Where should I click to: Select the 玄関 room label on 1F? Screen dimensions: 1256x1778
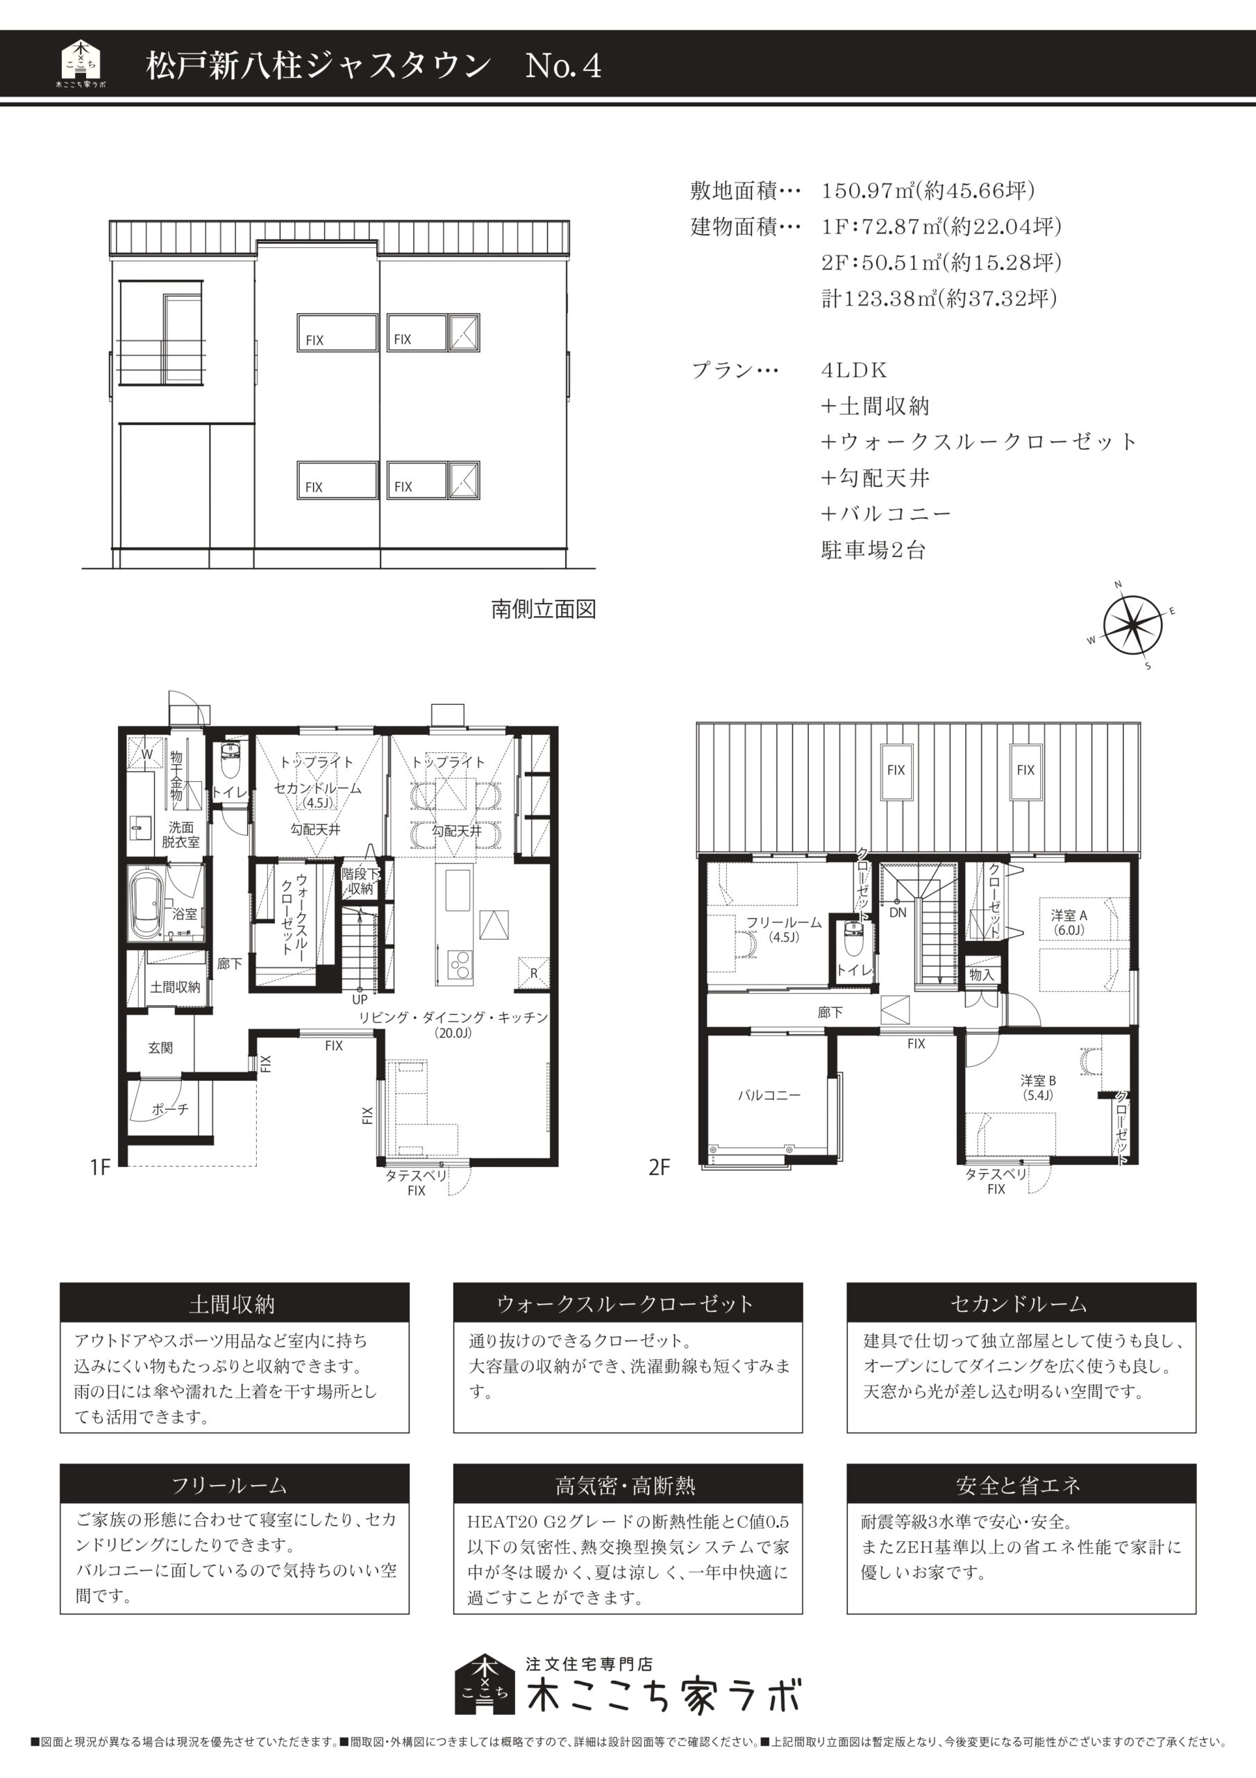tap(161, 1048)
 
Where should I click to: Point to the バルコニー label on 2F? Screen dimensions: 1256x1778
tap(769, 1095)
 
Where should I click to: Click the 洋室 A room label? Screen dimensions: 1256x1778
tap(1069, 922)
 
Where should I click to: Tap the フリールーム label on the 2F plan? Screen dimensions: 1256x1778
tap(784, 929)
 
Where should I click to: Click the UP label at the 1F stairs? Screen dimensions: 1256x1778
tap(360, 999)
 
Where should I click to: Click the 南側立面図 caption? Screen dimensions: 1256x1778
tap(544, 609)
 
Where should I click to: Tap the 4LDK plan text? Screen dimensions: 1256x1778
tap(854, 370)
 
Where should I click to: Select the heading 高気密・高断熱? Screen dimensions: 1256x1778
tap(626, 1486)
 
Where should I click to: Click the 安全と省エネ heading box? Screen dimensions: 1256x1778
tap(1021, 1486)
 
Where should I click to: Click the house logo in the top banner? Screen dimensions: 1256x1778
tap(81, 65)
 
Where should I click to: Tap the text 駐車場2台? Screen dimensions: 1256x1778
tap(873, 551)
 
